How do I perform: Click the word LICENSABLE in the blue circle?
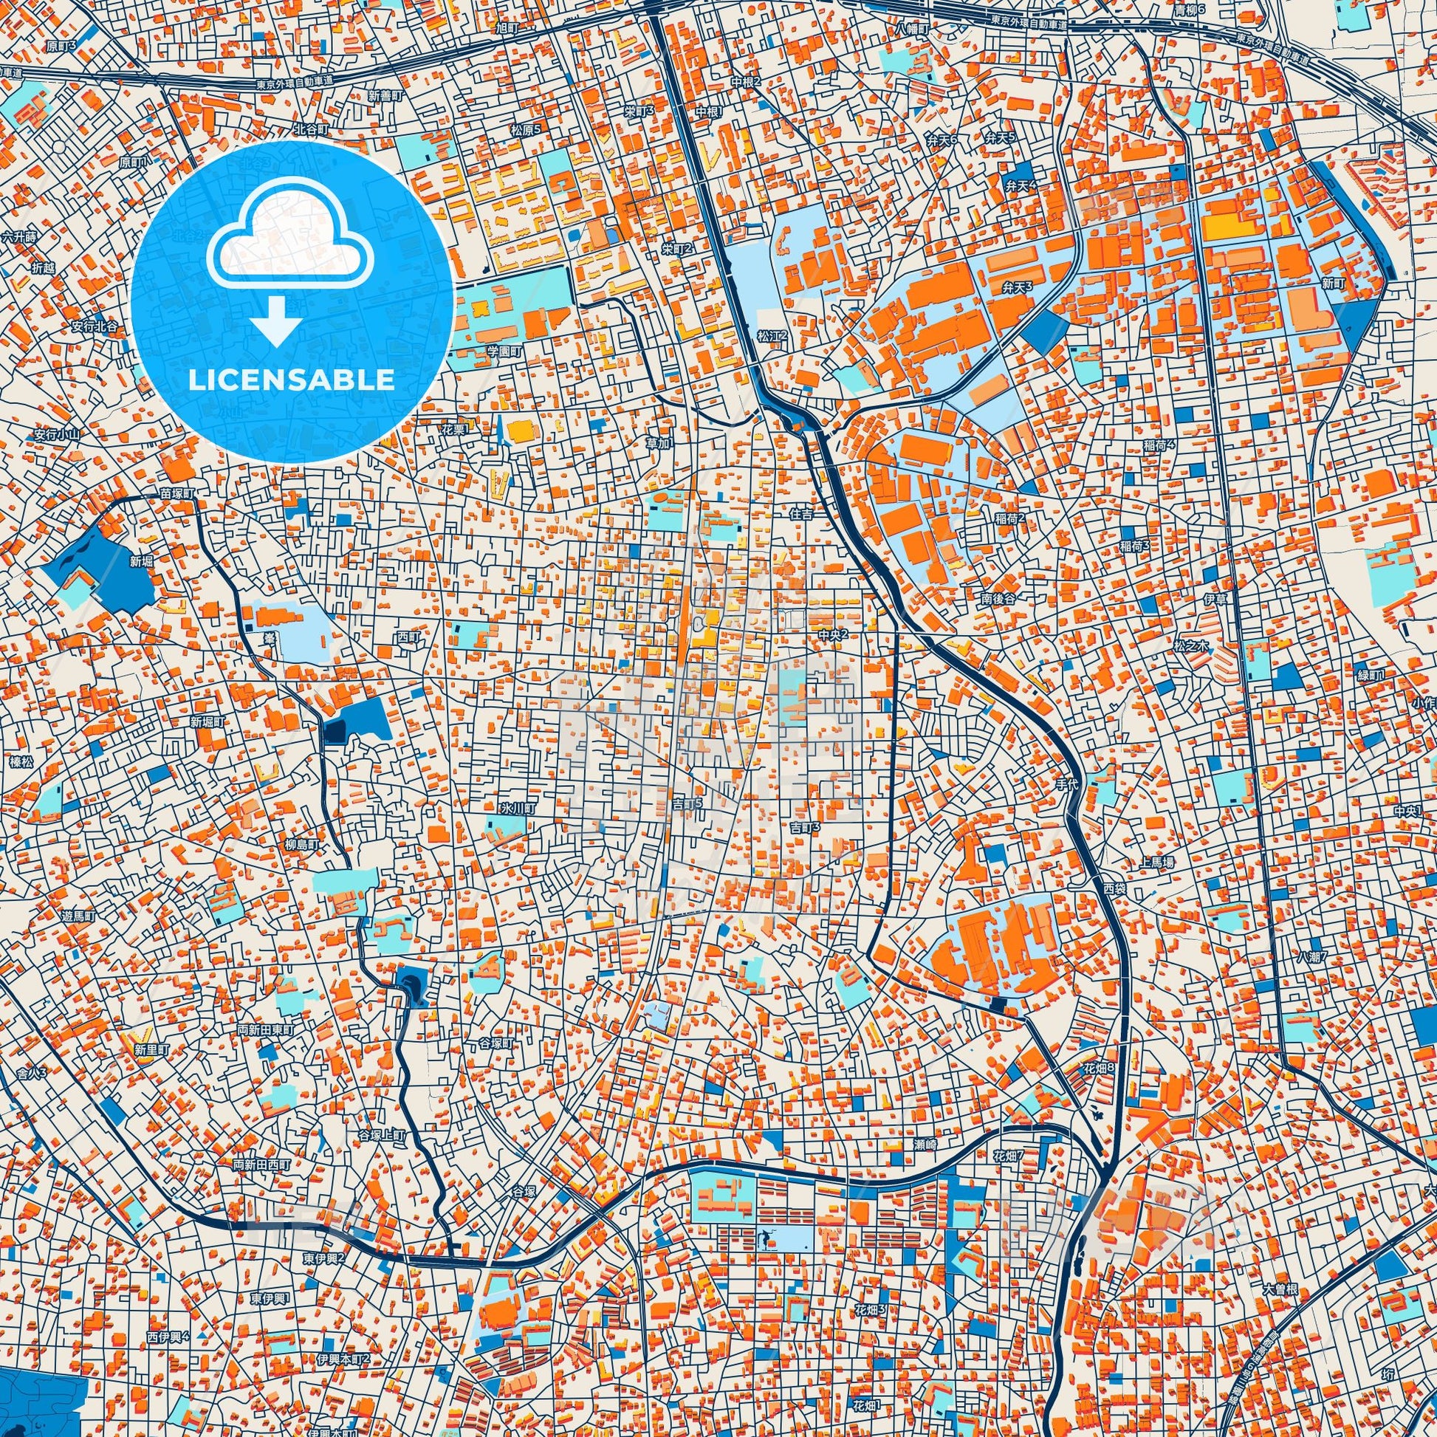292,380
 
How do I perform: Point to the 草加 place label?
657,442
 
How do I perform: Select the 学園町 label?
505,349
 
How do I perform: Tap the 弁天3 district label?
1018,287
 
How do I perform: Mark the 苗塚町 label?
178,494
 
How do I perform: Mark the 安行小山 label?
57,434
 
